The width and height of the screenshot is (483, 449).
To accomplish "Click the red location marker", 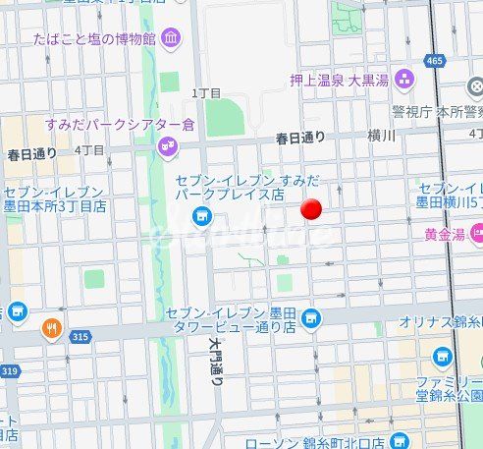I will coord(311,208).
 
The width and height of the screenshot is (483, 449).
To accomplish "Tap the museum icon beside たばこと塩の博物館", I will coord(172,39).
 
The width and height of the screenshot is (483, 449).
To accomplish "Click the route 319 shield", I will coord(10,370).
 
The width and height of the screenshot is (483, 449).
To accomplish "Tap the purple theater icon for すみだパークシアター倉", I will coord(167,147).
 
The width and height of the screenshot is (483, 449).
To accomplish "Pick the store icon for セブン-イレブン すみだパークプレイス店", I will coord(202,215).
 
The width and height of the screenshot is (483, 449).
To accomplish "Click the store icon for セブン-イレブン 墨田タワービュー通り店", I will coord(311,317).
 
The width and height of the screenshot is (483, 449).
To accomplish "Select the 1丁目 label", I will coord(205,92).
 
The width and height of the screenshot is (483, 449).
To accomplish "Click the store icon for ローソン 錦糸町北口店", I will coord(398,440).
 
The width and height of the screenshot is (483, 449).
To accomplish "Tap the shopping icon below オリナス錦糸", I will coord(442,356).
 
